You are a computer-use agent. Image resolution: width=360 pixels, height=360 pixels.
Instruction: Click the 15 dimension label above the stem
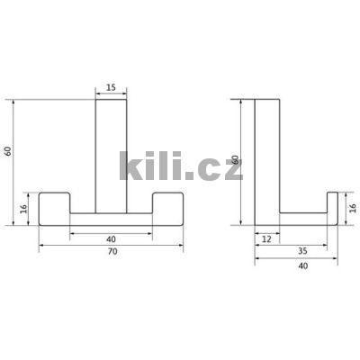tap(111, 87)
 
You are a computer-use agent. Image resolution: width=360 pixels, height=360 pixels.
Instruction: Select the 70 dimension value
tap(112, 252)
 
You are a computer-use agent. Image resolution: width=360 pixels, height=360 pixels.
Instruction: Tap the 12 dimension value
tap(266, 239)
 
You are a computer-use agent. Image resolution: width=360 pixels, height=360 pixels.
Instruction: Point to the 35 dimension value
tap(303, 251)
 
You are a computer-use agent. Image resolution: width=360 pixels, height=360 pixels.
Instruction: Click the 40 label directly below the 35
tap(303, 265)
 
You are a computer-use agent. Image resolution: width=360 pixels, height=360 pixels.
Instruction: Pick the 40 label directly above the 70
tap(111, 239)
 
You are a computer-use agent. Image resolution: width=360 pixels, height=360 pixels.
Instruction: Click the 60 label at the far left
tap(9, 151)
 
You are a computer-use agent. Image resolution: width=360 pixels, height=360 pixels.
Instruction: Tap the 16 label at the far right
tap(353, 208)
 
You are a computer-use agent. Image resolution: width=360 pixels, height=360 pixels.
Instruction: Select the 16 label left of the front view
tap(23, 209)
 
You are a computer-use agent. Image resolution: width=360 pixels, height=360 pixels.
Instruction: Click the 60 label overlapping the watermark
tap(236, 159)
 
